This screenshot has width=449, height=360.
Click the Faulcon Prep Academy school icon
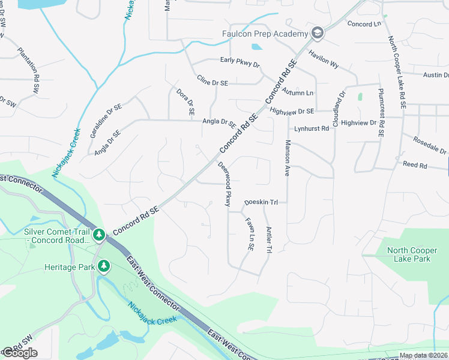(x=318, y=34)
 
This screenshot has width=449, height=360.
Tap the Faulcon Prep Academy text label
(x=265, y=34)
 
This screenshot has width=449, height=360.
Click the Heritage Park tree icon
(x=104, y=266)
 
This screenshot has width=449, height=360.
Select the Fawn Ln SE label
(x=249, y=233)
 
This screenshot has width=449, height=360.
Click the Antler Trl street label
(x=270, y=238)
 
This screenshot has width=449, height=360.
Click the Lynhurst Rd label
(x=312, y=128)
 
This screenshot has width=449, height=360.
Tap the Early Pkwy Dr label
(x=240, y=63)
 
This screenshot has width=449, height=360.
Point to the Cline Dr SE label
(x=212, y=82)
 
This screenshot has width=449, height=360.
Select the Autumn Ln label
(x=298, y=93)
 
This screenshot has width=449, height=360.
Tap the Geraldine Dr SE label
(x=106, y=121)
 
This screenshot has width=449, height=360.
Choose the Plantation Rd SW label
(x=28, y=70)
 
